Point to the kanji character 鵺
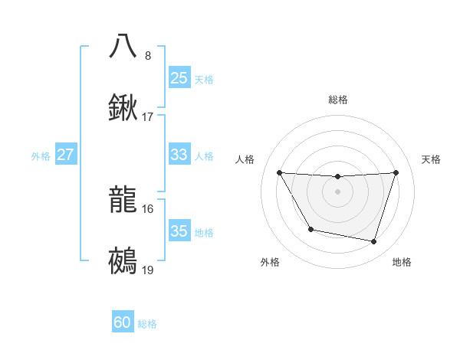[123, 261]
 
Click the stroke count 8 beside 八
[148, 55]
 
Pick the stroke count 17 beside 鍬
[148, 117]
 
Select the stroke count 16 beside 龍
[148, 208]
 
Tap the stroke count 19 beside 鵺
[148, 270]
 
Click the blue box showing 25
[179, 78]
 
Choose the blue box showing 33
[179, 155]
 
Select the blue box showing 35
[179, 231]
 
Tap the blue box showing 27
[65, 155]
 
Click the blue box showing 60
[123, 323]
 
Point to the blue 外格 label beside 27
[41, 156]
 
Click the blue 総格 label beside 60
[147, 324]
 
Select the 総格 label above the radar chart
[337, 100]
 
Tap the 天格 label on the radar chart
[432, 159]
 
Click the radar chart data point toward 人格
[279, 172]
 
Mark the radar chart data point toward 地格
[373, 242]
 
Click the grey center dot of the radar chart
[337, 191]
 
